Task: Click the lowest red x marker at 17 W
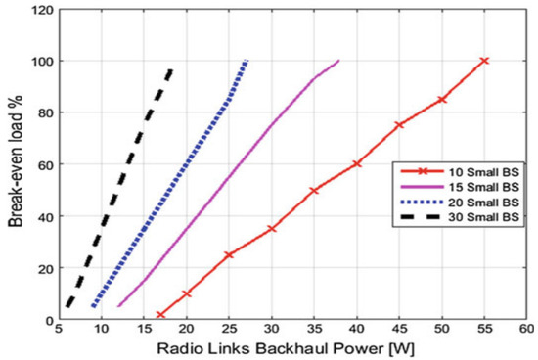pyautogui.click(x=160, y=315)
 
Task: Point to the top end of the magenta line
pyautogui.click(x=339, y=61)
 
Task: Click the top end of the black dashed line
pyautogui.click(x=171, y=69)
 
